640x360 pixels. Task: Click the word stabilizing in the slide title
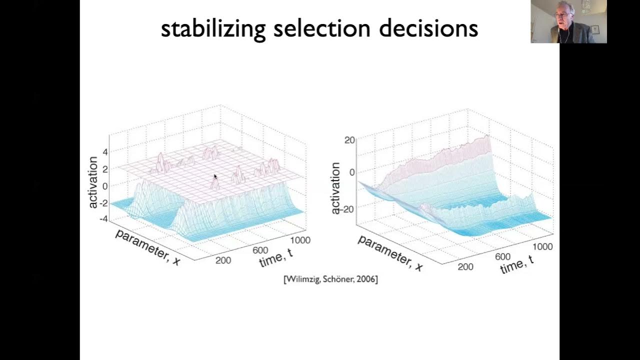[212, 29]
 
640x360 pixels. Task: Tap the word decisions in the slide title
[428, 29]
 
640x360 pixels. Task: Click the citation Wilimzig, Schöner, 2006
[330, 279]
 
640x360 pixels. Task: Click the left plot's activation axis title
[93, 182]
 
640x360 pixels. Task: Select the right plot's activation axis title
[335, 188]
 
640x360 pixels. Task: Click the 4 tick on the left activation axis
[105, 151]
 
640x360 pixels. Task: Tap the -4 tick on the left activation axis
[103, 218]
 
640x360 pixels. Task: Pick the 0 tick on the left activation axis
[105, 186]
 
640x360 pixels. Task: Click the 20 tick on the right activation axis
[349, 140]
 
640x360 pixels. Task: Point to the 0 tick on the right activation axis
[352, 172]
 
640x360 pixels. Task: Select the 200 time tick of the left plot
[223, 260]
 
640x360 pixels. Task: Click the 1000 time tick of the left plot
[300, 240]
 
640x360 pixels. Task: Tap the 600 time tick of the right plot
[502, 256]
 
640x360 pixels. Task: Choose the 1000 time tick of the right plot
[542, 246]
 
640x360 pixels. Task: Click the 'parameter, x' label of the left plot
[148, 247]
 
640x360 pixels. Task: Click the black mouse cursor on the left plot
[215, 176]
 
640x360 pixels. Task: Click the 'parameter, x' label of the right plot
[390, 253]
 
